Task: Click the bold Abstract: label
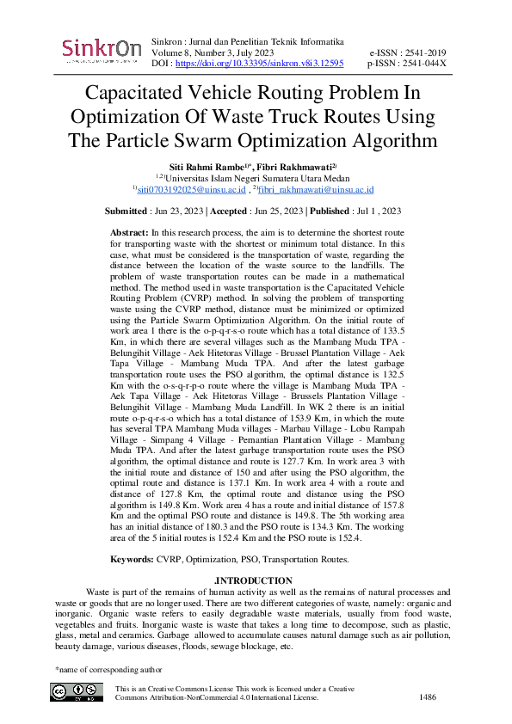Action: (x=129, y=233)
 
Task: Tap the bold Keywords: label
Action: (x=132, y=559)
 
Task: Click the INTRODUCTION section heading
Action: (x=256, y=580)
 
